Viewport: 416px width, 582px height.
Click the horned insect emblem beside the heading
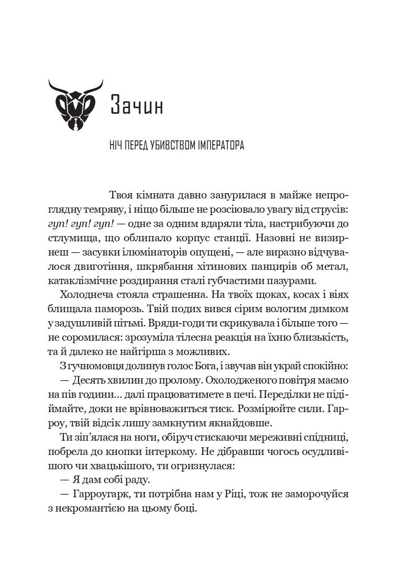(76, 105)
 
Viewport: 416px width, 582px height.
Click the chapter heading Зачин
(137, 106)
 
